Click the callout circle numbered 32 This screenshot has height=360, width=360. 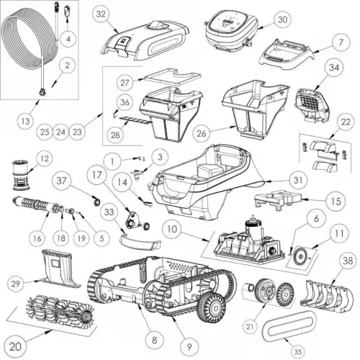pyautogui.click(x=101, y=14)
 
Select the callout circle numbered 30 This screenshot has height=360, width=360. pyautogui.click(x=261, y=19)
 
